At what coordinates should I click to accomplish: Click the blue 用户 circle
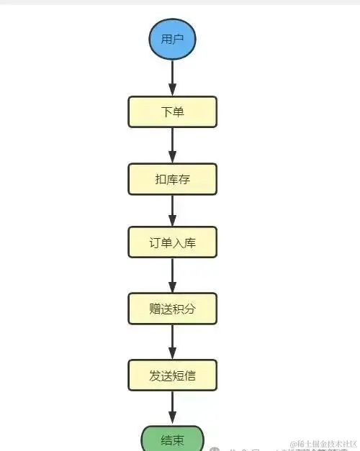click(172, 39)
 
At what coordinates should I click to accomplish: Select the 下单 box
click(172, 113)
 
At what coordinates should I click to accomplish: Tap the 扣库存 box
click(172, 179)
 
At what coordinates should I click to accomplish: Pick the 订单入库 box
click(172, 243)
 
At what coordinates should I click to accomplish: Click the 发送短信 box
click(172, 375)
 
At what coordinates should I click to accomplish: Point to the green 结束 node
click(172, 439)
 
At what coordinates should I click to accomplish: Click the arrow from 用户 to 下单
click(172, 78)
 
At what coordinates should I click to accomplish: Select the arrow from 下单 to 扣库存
click(172, 146)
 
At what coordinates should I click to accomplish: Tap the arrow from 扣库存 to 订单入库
click(172, 211)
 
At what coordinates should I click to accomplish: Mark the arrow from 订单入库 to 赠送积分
click(172, 276)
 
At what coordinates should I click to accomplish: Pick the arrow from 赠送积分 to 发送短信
click(172, 342)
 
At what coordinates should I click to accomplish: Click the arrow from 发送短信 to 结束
click(172, 408)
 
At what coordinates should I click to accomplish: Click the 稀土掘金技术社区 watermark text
click(323, 444)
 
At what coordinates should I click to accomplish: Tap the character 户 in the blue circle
click(179, 39)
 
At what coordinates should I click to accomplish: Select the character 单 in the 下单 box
click(179, 113)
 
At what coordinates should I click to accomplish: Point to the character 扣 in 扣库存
click(160, 179)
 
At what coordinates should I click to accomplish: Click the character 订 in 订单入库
click(155, 243)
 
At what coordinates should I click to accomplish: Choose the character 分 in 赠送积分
click(190, 309)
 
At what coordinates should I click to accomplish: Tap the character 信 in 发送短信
click(190, 375)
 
